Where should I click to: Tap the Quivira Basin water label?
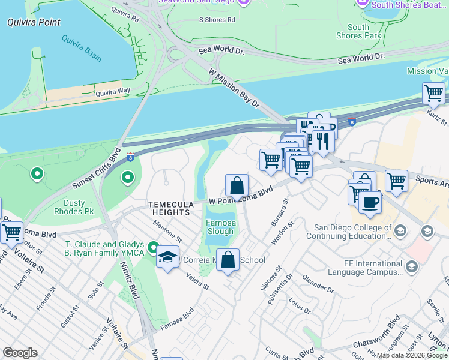point(81,48)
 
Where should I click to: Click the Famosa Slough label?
point(220,227)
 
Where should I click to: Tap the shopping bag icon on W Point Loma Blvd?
point(237,185)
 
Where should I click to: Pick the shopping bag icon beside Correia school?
point(228,260)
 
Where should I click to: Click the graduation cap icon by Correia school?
point(167,257)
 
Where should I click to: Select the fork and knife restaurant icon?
point(323,142)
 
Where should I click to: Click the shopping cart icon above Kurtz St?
point(433,94)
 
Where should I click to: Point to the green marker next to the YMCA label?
point(154,248)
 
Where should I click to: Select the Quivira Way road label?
point(112,92)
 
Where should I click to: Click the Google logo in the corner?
point(20,353)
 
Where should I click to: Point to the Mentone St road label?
point(167,231)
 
